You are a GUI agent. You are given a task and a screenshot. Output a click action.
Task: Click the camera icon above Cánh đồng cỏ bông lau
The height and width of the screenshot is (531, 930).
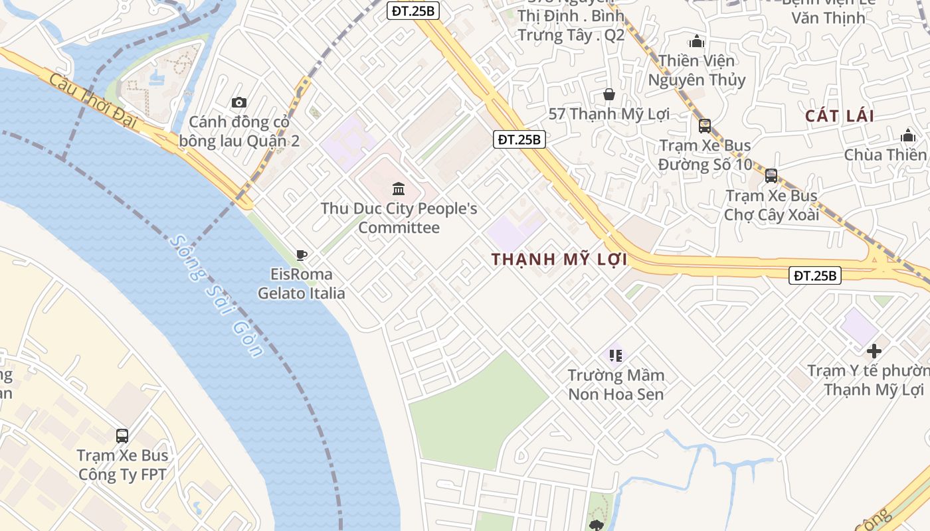[x=239, y=102]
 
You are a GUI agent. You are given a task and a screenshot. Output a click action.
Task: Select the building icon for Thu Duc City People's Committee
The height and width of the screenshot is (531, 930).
[x=399, y=189]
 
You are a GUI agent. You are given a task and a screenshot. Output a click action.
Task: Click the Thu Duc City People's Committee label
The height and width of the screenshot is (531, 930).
[x=399, y=218]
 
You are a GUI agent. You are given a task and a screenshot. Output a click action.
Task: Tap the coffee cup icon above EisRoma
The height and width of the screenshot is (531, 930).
[x=301, y=255]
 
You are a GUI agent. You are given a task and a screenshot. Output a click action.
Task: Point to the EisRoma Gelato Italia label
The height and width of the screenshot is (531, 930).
[x=302, y=283]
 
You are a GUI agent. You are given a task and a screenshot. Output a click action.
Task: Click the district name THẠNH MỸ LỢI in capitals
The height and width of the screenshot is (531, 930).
[x=559, y=260]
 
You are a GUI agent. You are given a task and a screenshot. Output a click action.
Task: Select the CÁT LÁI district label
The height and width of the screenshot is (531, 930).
[x=840, y=116]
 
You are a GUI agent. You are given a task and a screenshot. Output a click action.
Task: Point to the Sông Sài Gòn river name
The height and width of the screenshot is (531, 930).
[x=217, y=296]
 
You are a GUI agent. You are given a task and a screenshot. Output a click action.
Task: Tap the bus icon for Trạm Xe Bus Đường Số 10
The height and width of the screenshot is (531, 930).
[x=705, y=125]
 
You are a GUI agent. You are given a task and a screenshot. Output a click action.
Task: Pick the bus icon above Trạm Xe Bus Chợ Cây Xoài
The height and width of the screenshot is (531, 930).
[x=771, y=176]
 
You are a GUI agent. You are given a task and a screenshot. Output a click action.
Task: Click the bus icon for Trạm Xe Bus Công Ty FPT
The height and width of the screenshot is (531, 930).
[x=122, y=436]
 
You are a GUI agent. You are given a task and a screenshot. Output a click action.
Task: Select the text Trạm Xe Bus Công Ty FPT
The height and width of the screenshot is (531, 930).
[x=122, y=465]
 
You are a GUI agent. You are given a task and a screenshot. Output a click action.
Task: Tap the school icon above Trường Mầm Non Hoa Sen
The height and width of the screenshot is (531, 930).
[x=615, y=355]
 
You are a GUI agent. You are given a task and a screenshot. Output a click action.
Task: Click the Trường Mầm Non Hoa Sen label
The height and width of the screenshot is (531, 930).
[x=616, y=384]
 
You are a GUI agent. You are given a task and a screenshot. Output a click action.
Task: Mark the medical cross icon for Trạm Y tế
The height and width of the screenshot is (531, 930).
[x=874, y=350]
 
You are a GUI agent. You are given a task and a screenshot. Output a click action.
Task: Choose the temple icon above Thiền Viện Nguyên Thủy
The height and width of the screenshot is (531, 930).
[x=697, y=41]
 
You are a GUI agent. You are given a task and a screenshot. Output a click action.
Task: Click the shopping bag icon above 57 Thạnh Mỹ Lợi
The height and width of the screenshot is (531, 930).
[x=608, y=94]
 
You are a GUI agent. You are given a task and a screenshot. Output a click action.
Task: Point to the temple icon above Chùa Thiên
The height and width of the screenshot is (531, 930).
[x=908, y=135]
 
